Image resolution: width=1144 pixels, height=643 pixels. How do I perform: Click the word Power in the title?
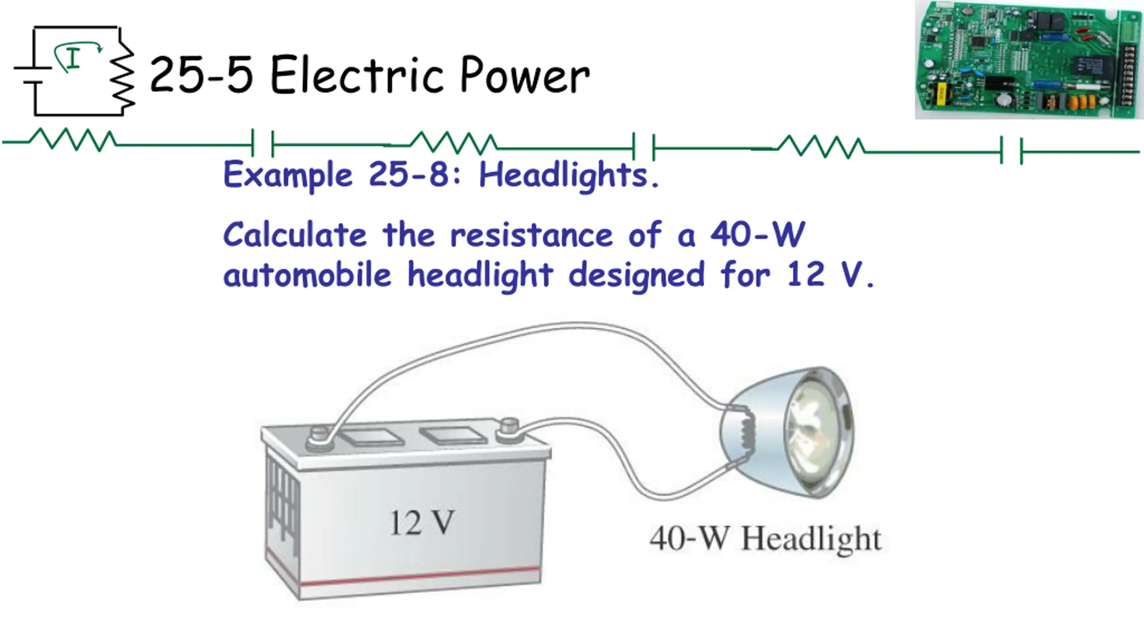(525, 76)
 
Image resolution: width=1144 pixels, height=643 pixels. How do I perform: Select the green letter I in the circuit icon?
(73, 58)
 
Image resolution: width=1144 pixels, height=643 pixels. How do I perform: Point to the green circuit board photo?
(1028, 60)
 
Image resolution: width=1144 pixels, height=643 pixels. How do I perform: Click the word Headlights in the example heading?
(568, 175)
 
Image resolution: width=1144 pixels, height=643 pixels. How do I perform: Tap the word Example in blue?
(288, 175)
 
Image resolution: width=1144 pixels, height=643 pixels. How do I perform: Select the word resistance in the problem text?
(531, 235)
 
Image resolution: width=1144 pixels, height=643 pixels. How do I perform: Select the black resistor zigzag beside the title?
(123, 76)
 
